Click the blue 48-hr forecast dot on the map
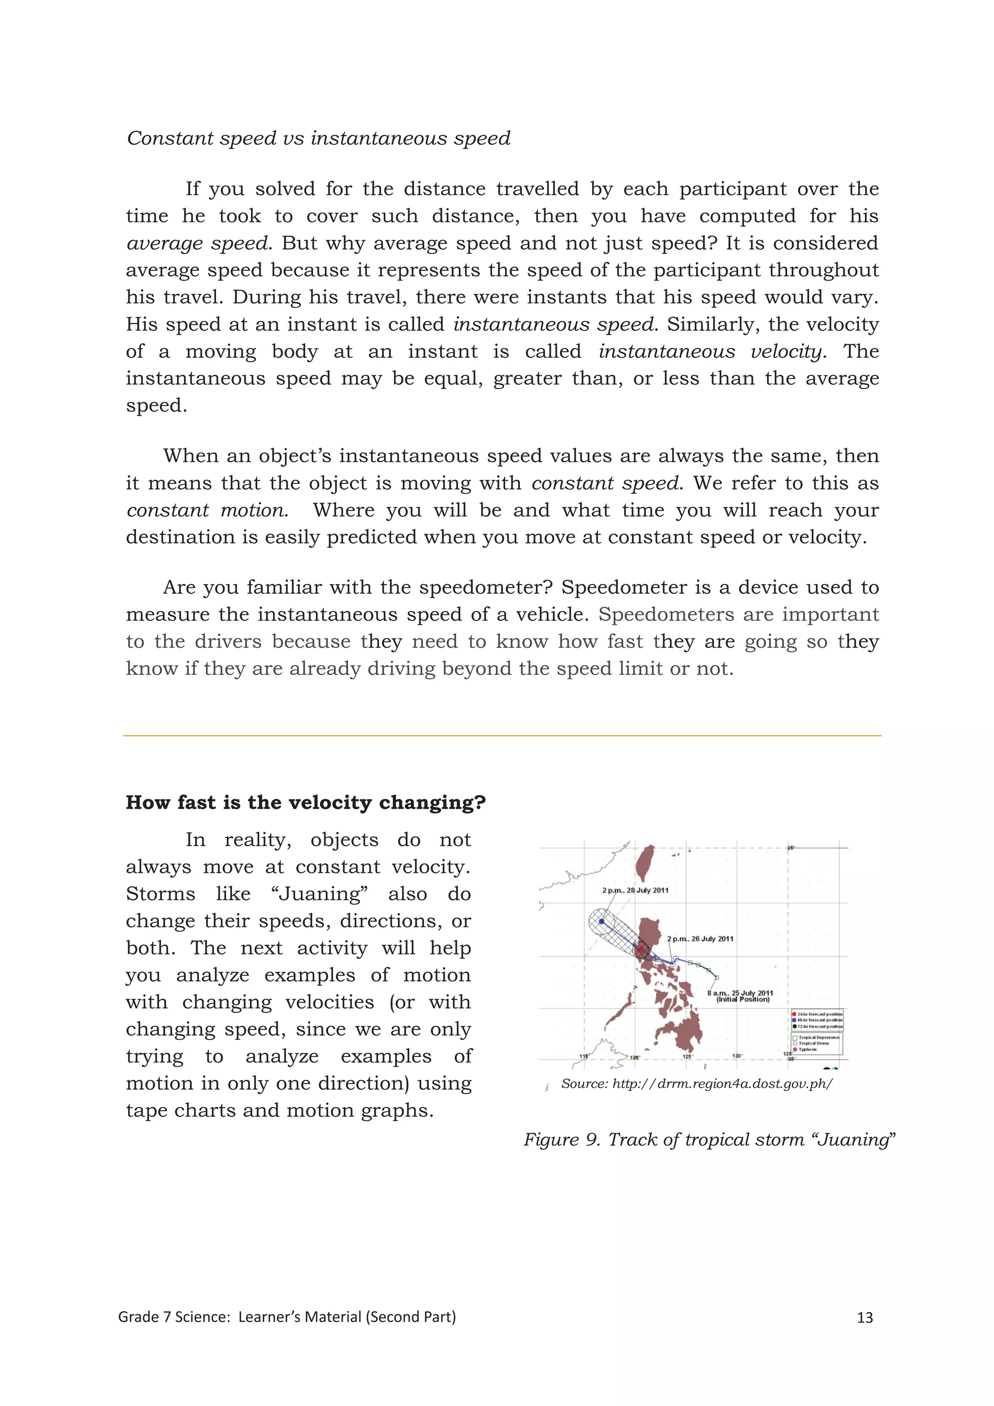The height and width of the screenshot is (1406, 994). (602, 921)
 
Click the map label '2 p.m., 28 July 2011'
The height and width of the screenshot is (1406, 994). (635, 890)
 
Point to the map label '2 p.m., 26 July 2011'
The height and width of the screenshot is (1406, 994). (700, 939)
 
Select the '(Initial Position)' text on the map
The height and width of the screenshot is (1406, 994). (743, 999)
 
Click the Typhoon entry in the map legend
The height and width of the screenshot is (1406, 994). (808, 1050)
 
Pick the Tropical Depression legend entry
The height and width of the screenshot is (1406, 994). (818, 1038)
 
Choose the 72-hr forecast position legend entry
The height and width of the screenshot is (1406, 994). (819, 1026)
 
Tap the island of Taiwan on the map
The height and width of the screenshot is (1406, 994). (645, 863)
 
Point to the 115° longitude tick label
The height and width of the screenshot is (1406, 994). (584, 1056)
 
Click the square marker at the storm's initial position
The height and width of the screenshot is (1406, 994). (717, 977)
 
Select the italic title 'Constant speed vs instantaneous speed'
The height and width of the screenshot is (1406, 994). (318, 138)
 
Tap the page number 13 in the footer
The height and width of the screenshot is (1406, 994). (864, 1318)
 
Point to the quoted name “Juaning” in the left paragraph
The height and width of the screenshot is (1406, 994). (319, 894)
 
